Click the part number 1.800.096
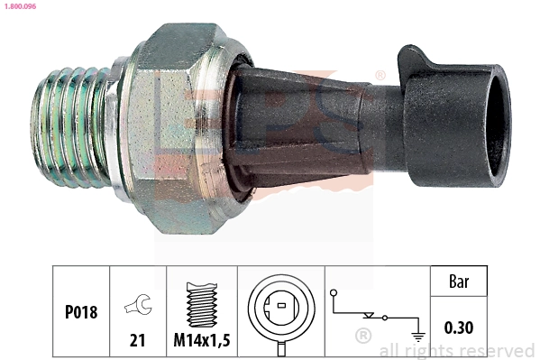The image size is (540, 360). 19,6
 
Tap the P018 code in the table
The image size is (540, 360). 81,312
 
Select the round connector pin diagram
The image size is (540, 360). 281,310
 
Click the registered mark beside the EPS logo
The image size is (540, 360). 380,76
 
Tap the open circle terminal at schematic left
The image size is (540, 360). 333,293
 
